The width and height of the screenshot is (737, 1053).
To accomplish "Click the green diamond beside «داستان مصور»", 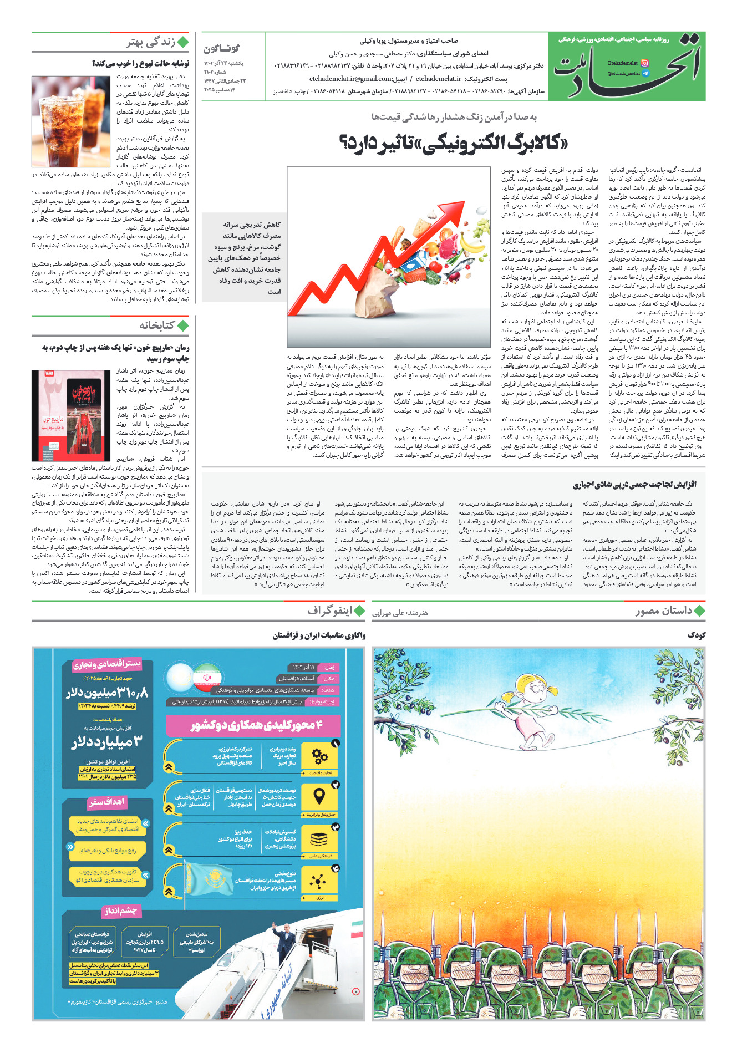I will click(699, 611).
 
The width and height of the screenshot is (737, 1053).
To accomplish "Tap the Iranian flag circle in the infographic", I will click(207, 678).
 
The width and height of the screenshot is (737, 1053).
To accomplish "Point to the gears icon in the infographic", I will click(319, 756).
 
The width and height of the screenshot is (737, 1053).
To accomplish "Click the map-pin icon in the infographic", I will click(319, 797).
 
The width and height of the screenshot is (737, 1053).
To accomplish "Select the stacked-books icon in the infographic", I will click(319, 839).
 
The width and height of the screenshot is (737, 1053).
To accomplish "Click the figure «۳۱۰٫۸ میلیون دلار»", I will click(108, 693).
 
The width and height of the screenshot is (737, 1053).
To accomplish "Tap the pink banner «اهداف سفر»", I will click(107, 802).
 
